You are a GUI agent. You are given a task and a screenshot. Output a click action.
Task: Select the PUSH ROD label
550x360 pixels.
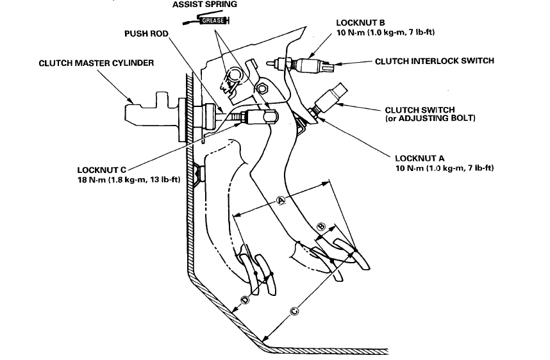coord(147,34)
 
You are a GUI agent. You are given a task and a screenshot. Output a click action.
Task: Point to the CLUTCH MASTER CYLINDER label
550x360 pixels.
coord(97,63)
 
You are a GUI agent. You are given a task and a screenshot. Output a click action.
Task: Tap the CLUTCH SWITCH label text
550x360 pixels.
coord(420,110)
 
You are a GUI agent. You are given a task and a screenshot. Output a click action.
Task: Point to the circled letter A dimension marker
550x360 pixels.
coord(280,200)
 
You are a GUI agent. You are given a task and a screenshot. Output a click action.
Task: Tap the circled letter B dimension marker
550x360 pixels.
coord(322,225)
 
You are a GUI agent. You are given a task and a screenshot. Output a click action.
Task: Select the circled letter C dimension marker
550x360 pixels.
coord(294,311)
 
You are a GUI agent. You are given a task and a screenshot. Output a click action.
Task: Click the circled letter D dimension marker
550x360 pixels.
coord(244,300)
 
